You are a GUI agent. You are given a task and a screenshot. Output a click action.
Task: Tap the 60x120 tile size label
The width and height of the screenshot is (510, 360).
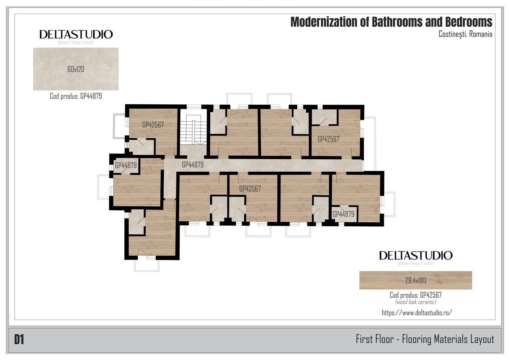pos(76,69)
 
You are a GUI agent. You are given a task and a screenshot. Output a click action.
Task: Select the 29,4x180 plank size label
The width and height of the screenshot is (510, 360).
pos(415,280)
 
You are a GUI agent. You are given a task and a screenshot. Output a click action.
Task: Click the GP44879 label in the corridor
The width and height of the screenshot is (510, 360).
pos(193,165)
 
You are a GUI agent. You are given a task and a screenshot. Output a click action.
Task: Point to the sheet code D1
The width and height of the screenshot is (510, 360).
pos(19,340)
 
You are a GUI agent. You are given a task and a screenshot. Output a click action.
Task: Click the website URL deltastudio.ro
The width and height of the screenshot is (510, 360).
pos(417,313)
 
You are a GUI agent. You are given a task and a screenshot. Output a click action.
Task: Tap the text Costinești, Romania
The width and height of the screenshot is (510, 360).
pos(465,34)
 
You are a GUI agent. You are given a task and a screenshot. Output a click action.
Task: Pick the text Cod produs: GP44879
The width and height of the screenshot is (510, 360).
pos(76,96)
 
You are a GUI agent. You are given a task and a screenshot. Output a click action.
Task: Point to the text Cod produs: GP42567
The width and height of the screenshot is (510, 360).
pos(415,295)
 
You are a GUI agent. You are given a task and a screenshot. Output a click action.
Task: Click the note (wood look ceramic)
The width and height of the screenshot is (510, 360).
pos(415,302)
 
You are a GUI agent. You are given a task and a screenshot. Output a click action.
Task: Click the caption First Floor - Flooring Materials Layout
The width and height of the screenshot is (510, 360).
pos(425,339)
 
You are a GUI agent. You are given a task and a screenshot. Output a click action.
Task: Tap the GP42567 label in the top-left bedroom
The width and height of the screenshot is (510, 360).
pos(153,125)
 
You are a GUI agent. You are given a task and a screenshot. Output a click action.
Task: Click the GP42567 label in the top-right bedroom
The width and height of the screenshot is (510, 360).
pos(328,139)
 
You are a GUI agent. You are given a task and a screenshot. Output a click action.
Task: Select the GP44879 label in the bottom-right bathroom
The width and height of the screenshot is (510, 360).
pos(343,214)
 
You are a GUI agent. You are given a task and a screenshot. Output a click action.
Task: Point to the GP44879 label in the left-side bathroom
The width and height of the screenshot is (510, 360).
pos(126,165)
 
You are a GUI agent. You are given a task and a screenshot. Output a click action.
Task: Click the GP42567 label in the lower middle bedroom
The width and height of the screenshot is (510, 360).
pos(250,189)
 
